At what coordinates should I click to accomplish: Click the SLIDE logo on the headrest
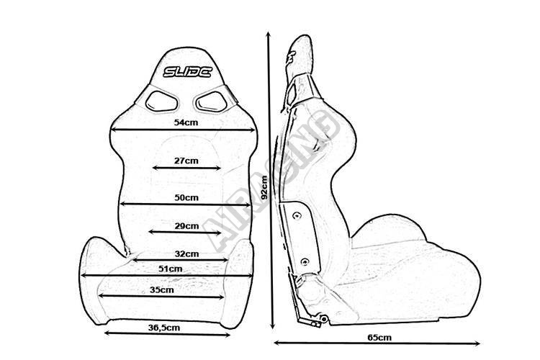187,72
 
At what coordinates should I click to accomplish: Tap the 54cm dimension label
186,122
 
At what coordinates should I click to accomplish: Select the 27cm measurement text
186,161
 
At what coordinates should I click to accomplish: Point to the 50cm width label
186,197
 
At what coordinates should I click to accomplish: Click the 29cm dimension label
186,226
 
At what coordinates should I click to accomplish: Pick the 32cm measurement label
186,254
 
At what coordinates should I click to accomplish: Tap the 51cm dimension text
170,269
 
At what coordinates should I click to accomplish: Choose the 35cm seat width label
161,289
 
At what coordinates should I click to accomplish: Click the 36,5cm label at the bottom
164,328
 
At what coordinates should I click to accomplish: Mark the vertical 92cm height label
264,188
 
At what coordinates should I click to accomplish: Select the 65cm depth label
379,337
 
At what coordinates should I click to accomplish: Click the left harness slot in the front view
161,102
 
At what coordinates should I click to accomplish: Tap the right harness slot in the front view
212,102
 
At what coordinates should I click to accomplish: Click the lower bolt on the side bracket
305,262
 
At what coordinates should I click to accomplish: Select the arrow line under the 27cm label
186,168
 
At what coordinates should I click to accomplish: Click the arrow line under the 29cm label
184,232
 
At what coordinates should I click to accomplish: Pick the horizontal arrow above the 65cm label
377,343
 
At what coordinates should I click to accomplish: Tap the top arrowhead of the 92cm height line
269,34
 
